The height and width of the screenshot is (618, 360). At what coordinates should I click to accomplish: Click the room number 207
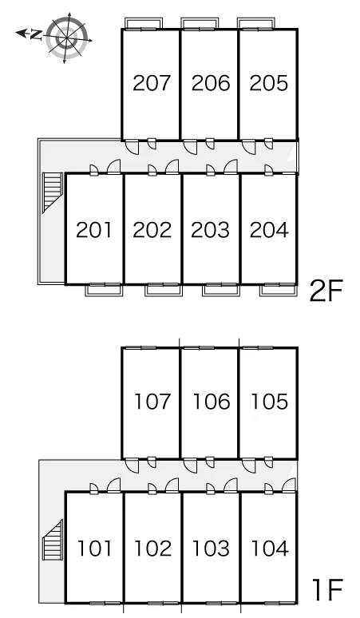(152, 83)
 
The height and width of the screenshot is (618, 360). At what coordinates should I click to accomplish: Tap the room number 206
(210, 83)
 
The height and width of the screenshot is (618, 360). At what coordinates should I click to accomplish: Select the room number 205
(269, 83)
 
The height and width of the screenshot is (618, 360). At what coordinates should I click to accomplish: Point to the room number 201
(93, 230)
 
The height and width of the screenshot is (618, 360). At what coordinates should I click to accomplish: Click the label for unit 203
(210, 230)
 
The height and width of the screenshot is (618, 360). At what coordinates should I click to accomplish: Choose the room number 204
(269, 230)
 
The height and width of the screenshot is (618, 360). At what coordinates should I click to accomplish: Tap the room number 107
(152, 402)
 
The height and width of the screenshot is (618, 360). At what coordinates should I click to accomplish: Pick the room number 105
(270, 402)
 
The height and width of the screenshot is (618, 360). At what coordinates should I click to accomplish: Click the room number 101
(94, 549)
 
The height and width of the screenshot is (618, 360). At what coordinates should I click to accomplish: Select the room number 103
(211, 549)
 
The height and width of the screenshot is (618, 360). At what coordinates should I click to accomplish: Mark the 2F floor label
(326, 291)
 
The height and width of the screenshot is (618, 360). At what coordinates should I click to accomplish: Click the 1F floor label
(327, 589)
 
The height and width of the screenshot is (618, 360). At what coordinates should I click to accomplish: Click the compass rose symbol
(66, 38)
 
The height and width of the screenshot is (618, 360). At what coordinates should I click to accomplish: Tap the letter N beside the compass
(36, 35)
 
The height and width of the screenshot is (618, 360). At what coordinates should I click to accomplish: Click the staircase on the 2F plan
(53, 192)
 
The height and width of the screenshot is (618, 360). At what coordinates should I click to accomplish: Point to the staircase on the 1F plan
(53, 540)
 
